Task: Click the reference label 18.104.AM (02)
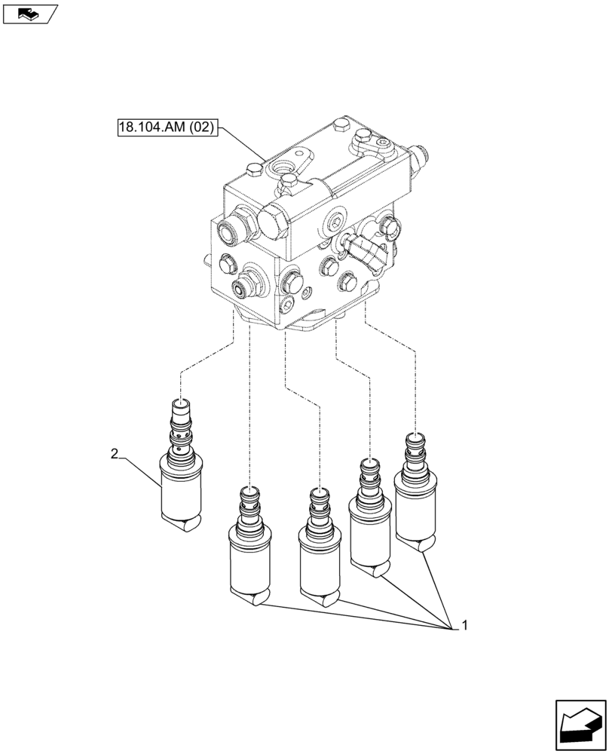coord(167,127)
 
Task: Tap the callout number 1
coord(464,625)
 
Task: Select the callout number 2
coord(114,453)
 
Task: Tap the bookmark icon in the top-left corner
coord(28,12)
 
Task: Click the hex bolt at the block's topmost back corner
coord(341,124)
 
